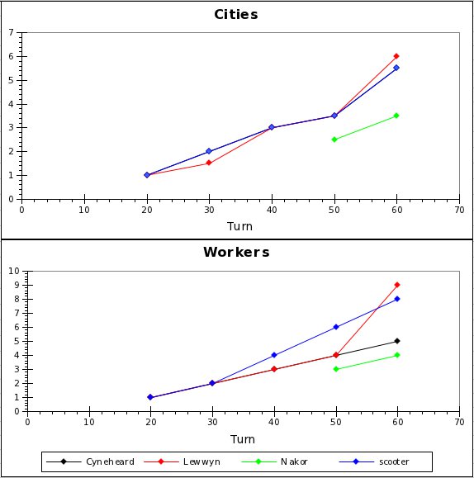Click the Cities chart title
236,14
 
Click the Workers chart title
236,252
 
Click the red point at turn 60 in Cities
396,56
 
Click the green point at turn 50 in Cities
334,140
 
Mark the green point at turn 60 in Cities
396,116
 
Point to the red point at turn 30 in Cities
209,163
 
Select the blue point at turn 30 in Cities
209,151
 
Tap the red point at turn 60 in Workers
397,285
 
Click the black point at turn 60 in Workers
397,341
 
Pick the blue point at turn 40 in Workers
274,355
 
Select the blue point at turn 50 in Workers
336,327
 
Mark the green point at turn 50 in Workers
336,369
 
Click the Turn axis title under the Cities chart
239,225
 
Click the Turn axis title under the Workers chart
242,438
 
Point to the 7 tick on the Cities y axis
12,33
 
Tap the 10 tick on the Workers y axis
14,271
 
